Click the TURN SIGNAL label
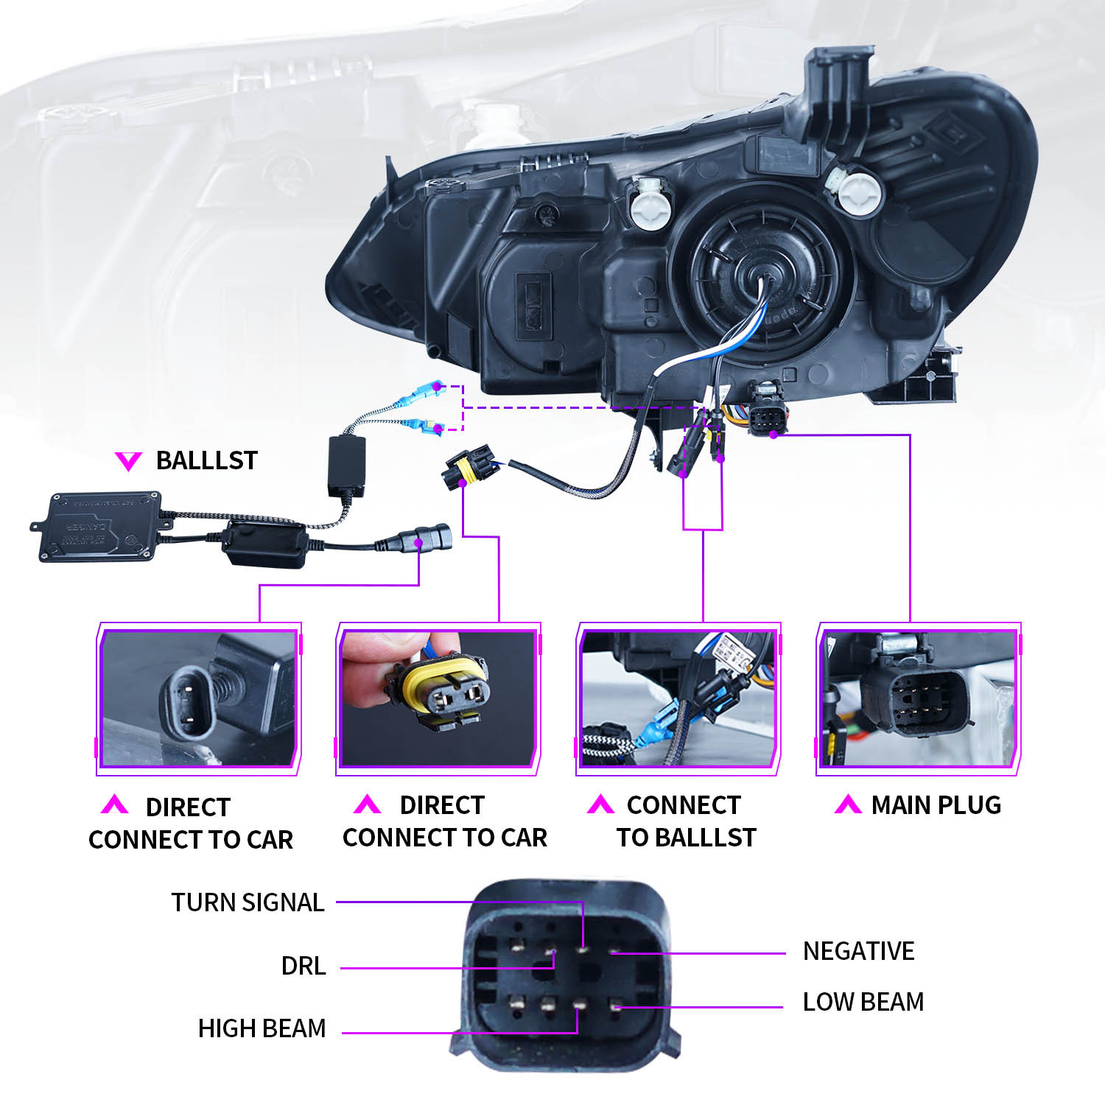coord(248,902)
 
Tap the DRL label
coord(304,966)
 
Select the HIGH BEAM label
coord(262,1028)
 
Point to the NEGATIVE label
coord(858,951)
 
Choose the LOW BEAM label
coord(863,1002)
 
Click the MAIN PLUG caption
coord(936,805)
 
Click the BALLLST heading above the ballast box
coord(206,460)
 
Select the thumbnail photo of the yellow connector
coord(438,698)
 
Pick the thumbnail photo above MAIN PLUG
coord(919,698)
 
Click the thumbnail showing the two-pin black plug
coord(199,698)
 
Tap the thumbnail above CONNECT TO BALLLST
coord(678,698)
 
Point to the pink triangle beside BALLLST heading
coord(128,461)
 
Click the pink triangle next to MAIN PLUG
coord(848,804)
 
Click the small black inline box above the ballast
coord(347,466)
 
